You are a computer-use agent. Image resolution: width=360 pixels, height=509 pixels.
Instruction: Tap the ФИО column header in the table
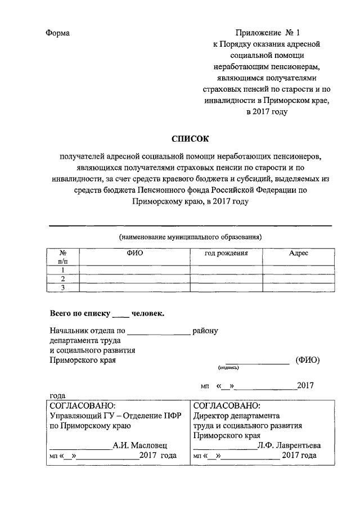coord(135,254)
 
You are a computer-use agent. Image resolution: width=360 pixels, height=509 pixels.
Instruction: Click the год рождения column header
coord(226,254)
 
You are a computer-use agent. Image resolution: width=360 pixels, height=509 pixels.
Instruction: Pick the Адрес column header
coord(298,254)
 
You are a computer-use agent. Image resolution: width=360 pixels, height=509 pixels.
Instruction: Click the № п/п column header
coord(63,258)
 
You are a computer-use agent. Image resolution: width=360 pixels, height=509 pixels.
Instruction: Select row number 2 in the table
coord(63,279)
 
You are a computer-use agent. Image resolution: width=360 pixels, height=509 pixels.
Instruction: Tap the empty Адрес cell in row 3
coord(298,288)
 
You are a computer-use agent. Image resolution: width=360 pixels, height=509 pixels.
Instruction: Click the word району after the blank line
coord(205,331)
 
